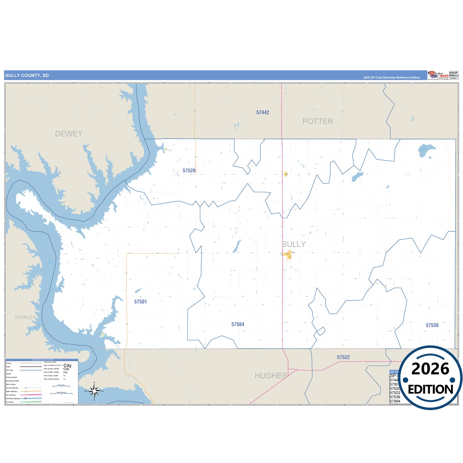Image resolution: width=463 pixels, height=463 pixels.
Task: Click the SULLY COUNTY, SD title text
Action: (x=27, y=76)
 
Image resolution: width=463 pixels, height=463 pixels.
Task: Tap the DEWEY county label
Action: (x=69, y=134)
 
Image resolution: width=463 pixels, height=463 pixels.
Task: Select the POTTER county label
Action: (x=318, y=121)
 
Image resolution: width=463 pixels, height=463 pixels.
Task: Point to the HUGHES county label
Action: (x=271, y=376)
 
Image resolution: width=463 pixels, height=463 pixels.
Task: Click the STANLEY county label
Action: (x=25, y=317)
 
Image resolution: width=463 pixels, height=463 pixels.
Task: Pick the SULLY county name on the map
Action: (x=294, y=244)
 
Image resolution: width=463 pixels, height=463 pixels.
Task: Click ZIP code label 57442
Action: (x=263, y=112)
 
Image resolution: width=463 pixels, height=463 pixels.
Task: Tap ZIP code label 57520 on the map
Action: (x=189, y=170)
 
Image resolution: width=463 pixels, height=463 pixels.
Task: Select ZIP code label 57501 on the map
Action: (x=140, y=302)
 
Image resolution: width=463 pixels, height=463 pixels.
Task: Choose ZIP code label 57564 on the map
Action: (x=238, y=324)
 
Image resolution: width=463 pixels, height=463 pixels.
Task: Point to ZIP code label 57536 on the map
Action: (x=432, y=325)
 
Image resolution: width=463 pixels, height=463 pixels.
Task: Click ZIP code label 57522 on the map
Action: (x=343, y=357)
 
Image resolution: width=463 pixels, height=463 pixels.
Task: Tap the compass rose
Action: (x=94, y=391)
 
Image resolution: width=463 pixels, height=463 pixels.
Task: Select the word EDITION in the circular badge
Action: (x=430, y=390)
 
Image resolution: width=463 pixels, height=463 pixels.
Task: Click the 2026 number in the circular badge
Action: (x=430, y=369)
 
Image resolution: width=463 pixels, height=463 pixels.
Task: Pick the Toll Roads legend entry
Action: (x=10, y=402)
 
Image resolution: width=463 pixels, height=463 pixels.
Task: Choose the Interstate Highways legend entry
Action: (x=13, y=398)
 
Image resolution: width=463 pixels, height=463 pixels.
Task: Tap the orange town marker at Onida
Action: (x=288, y=255)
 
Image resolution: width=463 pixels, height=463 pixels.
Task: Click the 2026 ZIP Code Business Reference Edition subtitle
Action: (x=391, y=78)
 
